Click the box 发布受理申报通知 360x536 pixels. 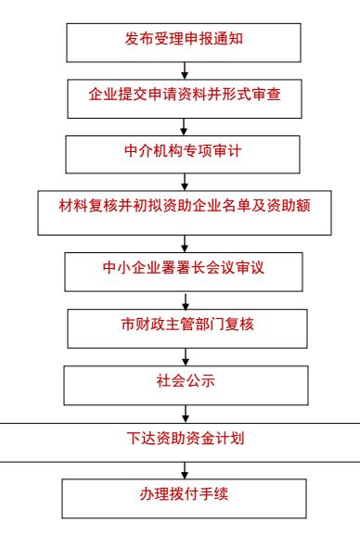[x=184, y=43]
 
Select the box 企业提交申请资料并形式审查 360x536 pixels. [x=185, y=99]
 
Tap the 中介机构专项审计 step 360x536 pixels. [x=183, y=155]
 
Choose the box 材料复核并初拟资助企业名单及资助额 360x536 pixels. [x=185, y=213]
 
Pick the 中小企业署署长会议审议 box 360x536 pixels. [x=184, y=272]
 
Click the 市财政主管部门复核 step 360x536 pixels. [x=187, y=329]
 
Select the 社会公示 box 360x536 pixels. [x=186, y=386]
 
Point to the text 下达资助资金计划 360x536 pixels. [x=186, y=439]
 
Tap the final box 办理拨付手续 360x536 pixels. [x=184, y=499]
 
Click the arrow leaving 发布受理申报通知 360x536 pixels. [x=185, y=70]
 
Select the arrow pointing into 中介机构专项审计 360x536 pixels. [x=184, y=127]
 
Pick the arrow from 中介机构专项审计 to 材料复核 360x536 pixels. [x=185, y=182]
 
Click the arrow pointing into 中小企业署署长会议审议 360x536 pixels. [x=185, y=244]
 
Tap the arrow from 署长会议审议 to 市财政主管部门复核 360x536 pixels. [x=186, y=300]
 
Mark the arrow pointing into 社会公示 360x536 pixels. [x=186, y=357]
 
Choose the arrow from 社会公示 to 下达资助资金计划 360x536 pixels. [x=186, y=415]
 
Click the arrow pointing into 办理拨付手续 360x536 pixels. [x=185, y=471]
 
